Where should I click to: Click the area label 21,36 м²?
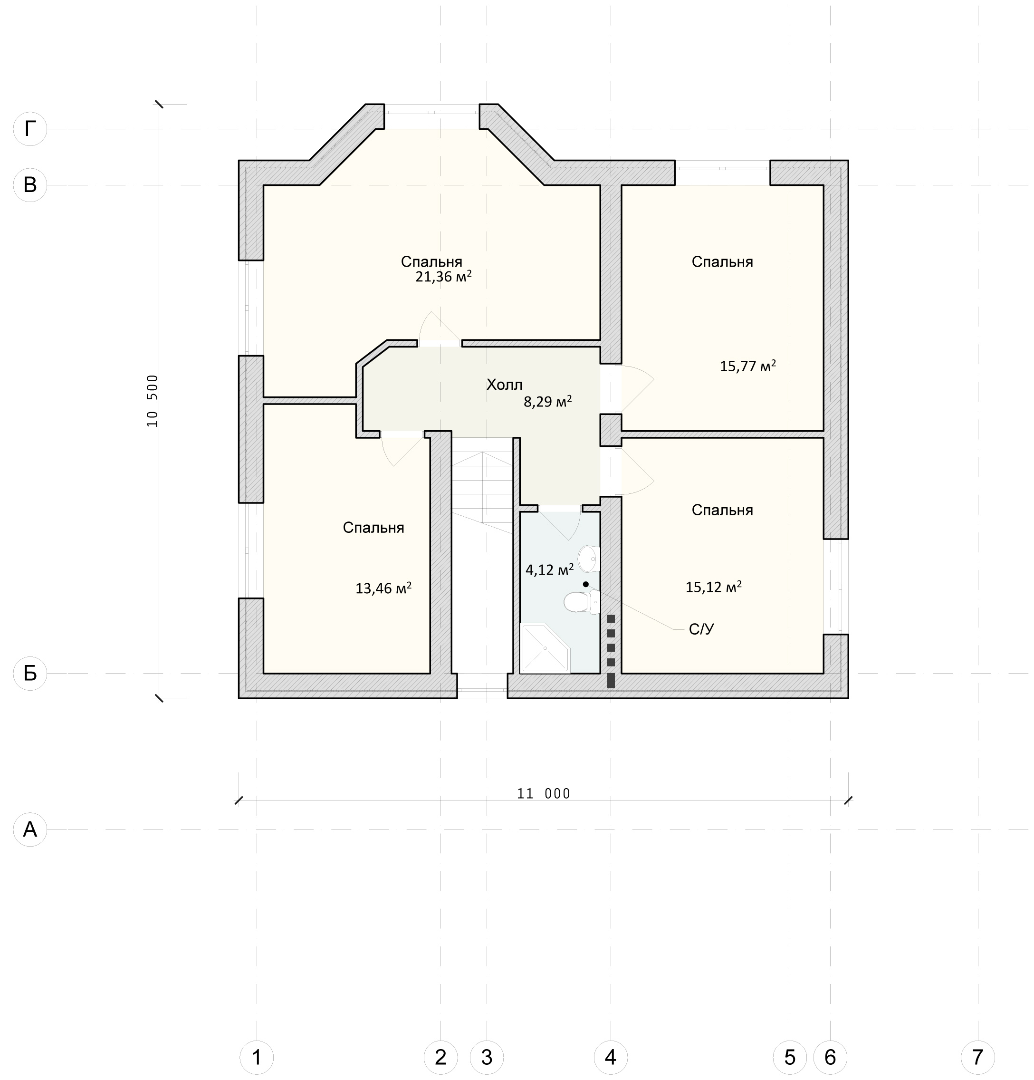[443, 277]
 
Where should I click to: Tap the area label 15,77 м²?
[747, 366]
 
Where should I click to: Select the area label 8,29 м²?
[547, 401]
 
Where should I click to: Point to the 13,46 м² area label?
[383, 588]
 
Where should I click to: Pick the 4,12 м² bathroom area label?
[550, 569]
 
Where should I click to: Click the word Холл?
[504, 385]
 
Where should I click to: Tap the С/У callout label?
[701, 629]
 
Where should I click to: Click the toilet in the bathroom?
[581, 602]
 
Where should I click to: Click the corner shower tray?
[545, 648]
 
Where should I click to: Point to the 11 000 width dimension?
[544, 793]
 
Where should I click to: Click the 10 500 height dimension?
[153, 401]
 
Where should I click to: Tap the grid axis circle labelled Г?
[30, 129]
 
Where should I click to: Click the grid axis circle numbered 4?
[611, 1057]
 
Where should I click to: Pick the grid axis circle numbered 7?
[977, 1057]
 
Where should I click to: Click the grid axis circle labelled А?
[30, 829]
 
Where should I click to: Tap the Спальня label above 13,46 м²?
[373, 528]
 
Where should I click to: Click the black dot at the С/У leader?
[585, 584]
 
